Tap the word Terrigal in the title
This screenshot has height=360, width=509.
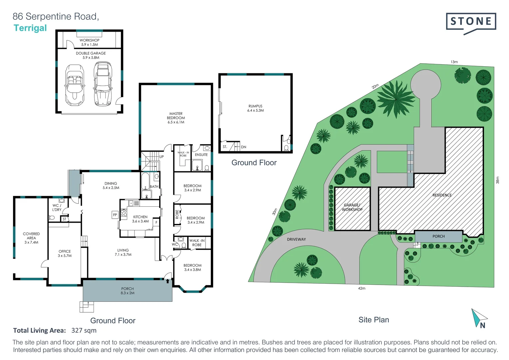pos(30,28)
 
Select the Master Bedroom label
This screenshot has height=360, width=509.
pos(176,118)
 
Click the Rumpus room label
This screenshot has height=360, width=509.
pos(255,108)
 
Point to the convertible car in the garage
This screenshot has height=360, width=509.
pos(75,85)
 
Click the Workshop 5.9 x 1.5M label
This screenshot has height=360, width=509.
pos(89,42)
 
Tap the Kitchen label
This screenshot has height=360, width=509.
pos(140,219)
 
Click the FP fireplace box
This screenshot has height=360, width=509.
pos(115,215)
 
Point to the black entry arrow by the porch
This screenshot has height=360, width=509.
pos(168,281)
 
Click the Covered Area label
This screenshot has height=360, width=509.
pos(31,238)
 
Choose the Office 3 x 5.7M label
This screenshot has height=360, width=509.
pos(65,253)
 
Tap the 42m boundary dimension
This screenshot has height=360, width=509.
pos(361,288)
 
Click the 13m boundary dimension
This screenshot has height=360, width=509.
pos(454,62)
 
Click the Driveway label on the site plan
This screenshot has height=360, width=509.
pos(296,239)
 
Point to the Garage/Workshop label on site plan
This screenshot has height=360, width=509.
pos(352,207)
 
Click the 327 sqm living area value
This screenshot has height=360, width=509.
pos(84,330)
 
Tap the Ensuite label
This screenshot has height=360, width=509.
pos(201,155)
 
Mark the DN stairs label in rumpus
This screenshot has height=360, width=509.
pos(244,147)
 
